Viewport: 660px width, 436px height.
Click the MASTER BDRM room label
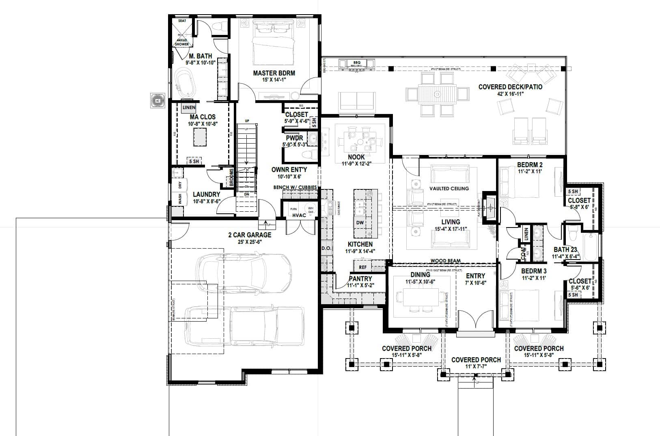point(274,73)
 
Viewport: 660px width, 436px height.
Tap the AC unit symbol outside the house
point(157,100)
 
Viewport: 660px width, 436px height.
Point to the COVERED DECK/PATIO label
point(510,87)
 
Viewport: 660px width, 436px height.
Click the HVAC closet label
point(299,215)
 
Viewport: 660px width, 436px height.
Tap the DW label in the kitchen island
point(360,223)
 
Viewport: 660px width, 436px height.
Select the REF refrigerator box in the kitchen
point(362,267)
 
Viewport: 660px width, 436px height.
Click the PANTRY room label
point(360,279)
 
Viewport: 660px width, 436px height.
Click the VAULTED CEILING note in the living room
point(449,188)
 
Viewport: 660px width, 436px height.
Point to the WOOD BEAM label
point(445,261)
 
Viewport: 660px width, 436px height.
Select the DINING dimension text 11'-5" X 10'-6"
point(420,282)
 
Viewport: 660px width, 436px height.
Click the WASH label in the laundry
point(180,199)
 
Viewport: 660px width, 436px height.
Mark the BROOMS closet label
point(231,178)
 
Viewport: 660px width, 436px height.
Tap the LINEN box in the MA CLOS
point(189,108)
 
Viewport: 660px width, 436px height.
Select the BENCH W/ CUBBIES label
point(295,187)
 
